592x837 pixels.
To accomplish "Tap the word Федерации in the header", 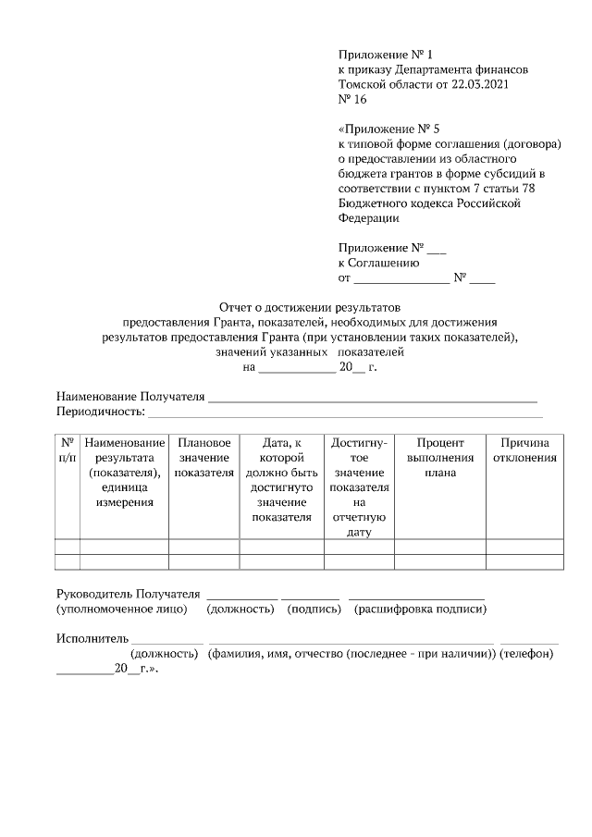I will [x=369, y=218].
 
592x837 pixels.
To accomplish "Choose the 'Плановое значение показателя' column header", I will [x=203, y=458].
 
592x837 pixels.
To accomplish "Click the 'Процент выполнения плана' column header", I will [x=439, y=458].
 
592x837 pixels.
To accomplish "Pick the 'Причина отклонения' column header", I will [x=524, y=450].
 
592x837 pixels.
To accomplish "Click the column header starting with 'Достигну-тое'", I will [x=359, y=487].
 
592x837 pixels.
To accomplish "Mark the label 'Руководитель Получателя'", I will [x=128, y=593].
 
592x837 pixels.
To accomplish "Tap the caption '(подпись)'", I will [x=314, y=609].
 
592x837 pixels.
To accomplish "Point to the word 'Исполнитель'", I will [x=92, y=638].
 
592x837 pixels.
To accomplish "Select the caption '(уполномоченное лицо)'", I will [x=122, y=609].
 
